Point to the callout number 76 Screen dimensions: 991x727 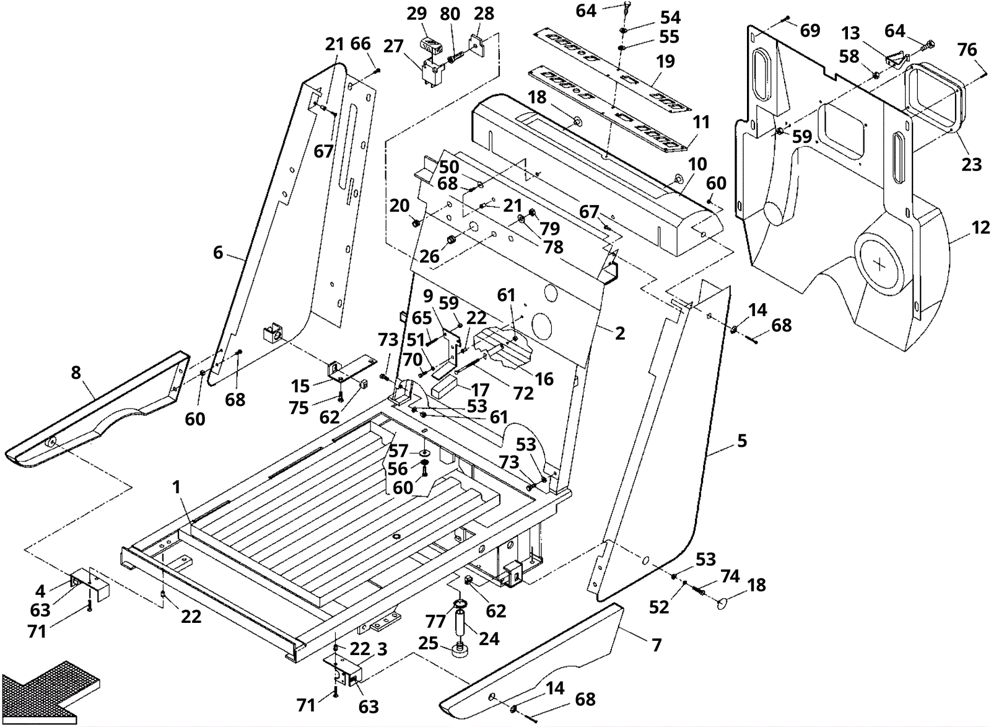pyautogui.click(x=967, y=50)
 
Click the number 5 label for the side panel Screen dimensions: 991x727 pyautogui.click(x=742, y=441)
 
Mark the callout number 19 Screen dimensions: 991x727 pyautogui.click(x=665, y=61)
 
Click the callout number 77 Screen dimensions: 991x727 pyautogui.click(x=435, y=622)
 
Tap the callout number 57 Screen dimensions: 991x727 pyautogui.click(x=399, y=451)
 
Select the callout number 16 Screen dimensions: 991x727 pyautogui.click(x=544, y=379)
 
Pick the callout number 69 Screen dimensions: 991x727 pyautogui.click(x=810, y=30)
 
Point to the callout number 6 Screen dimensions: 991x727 pyautogui.click(x=218, y=253)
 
